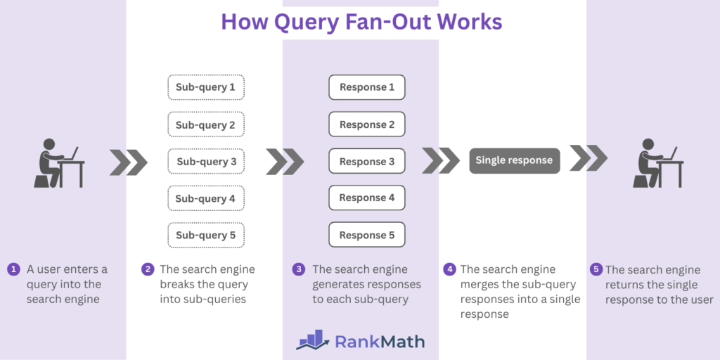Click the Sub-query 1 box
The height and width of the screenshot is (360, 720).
(x=206, y=87)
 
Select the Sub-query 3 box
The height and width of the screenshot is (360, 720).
(x=206, y=162)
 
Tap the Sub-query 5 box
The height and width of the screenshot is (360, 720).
(x=206, y=235)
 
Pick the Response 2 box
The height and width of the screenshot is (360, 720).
(x=367, y=124)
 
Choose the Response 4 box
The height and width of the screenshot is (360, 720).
(x=367, y=198)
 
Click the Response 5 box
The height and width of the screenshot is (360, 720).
(x=367, y=235)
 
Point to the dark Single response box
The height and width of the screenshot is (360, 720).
(x=514, y=160)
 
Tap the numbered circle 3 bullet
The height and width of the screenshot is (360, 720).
(x=299, y=269)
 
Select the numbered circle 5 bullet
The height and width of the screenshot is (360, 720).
(x=596, y=269)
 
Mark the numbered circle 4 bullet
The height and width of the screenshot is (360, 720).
(x=449, y=269)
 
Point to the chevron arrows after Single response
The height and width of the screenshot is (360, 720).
(x=589, y=158)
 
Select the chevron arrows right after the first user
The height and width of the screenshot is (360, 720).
(x=129, y=162)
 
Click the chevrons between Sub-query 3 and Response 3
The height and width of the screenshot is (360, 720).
(x=285, y=162)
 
